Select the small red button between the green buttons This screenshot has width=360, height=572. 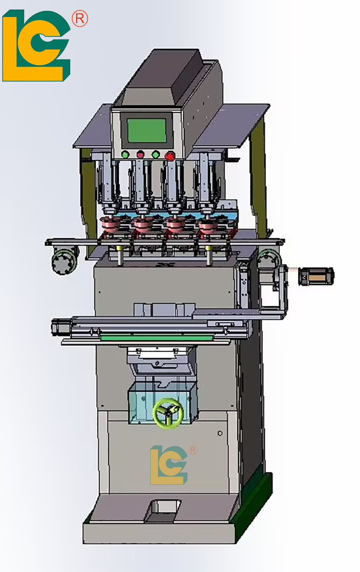[140, 154]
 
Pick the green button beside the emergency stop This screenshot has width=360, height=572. [156, 154]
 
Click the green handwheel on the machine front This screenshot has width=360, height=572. [167, 413]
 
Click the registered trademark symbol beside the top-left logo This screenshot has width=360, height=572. [80, 19]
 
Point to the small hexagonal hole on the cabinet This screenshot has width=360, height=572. [220, 433]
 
